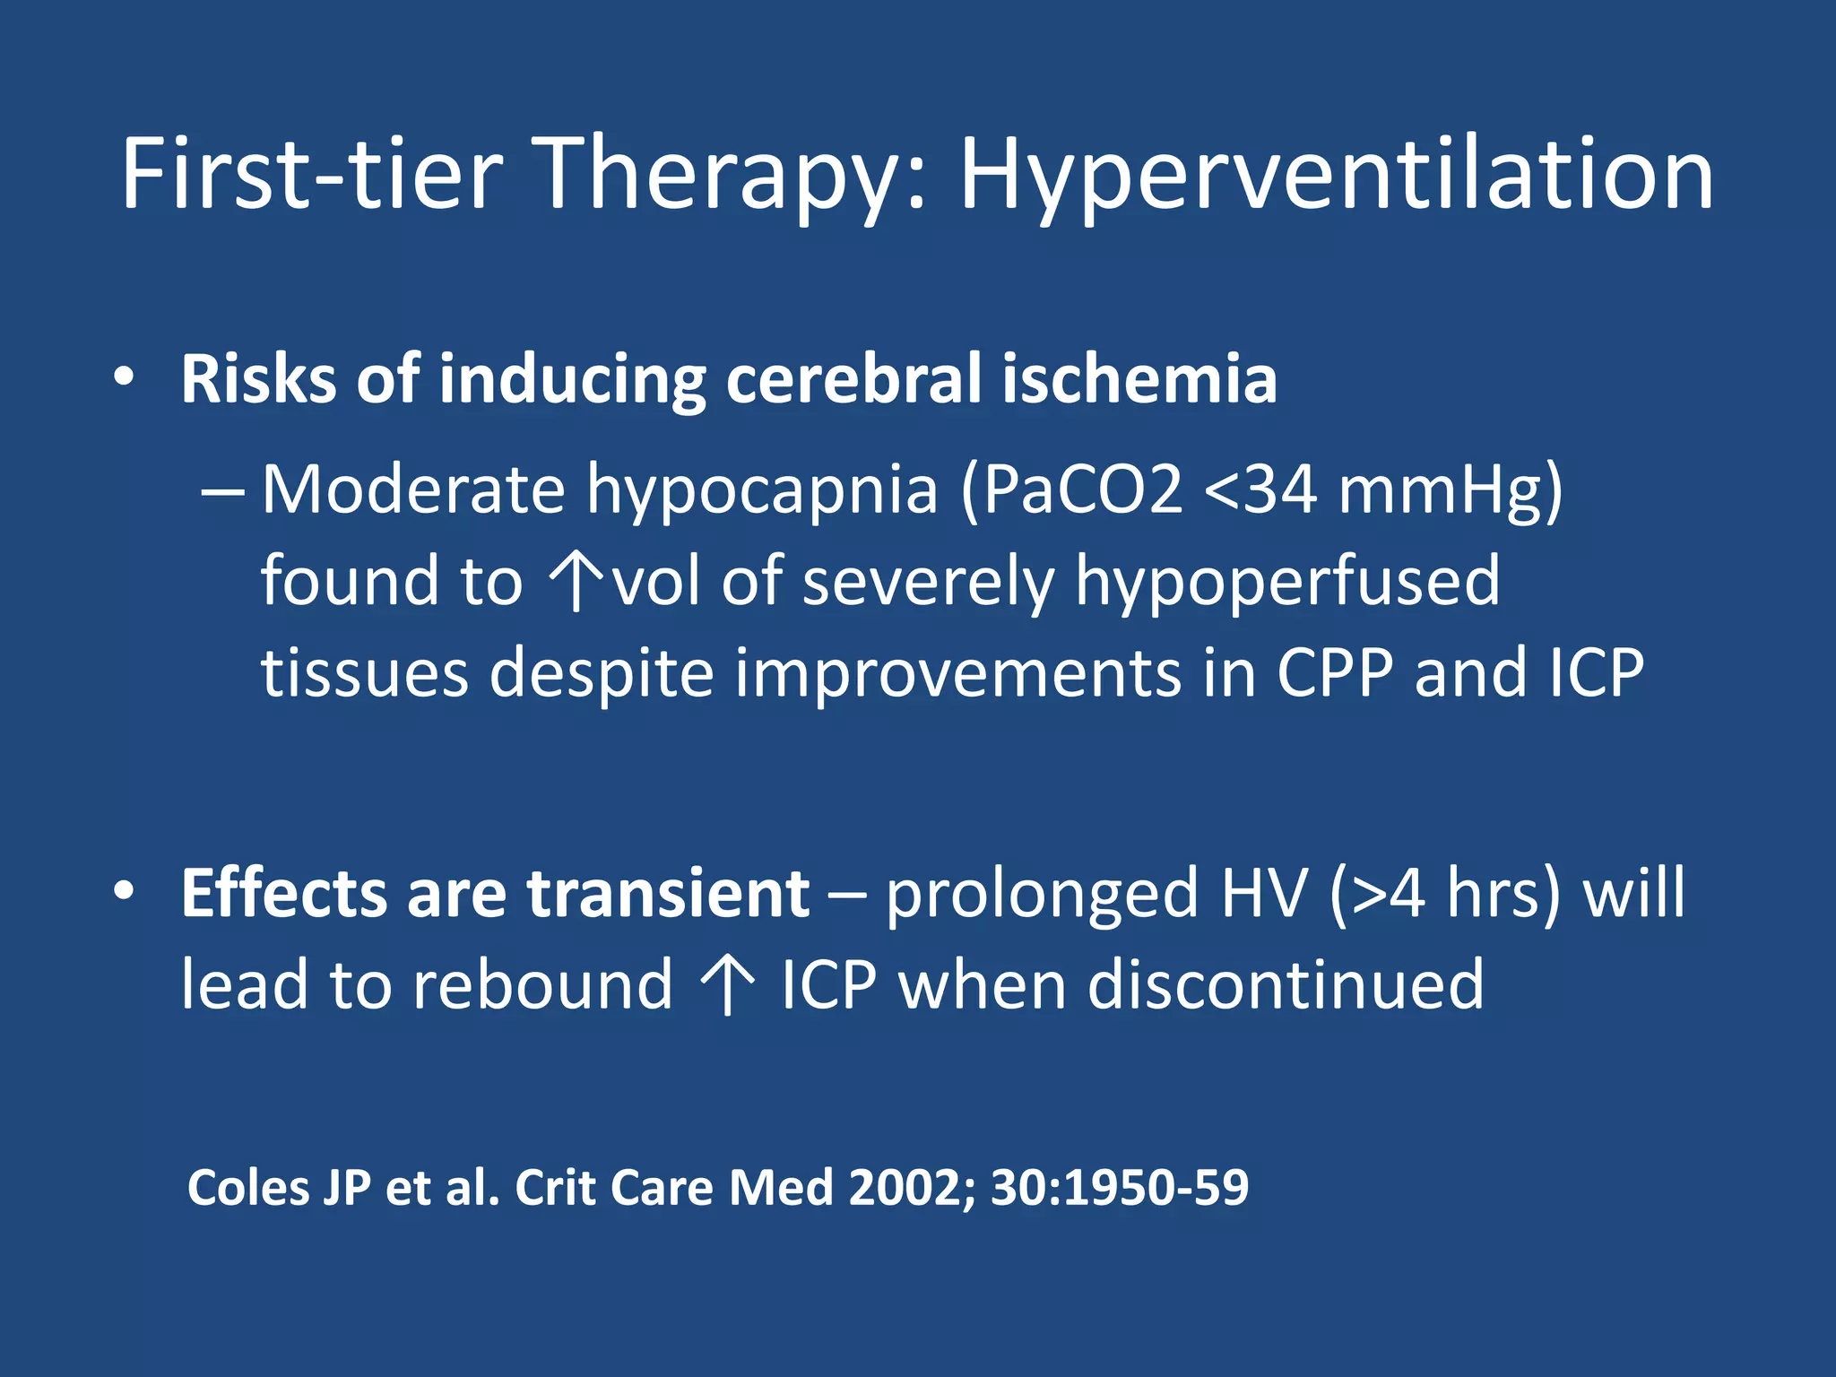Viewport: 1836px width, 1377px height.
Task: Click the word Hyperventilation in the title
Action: point(1336,175)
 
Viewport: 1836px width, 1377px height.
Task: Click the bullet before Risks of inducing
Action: point(125,376)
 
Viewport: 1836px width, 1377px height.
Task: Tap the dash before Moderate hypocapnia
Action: point(221,492)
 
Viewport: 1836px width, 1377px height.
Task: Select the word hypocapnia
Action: point(762,492)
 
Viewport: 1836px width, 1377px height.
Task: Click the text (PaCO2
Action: point(1071,490)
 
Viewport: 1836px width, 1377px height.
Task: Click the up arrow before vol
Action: point(575,582)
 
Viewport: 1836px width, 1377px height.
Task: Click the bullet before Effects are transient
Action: point(125,891)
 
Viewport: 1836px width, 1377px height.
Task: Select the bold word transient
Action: point(668,894)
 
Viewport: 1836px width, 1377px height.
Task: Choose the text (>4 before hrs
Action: point(1377,894)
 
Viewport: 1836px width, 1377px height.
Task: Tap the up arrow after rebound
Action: point(728,985)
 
